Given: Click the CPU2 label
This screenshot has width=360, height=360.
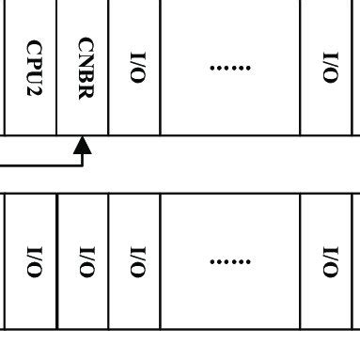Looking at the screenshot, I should coord(34,68).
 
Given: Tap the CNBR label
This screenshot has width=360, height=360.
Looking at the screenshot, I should coord(85,68).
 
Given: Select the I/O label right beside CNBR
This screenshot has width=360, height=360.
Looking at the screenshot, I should coord(136,68).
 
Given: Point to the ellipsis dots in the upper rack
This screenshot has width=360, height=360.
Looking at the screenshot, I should coord(230,68).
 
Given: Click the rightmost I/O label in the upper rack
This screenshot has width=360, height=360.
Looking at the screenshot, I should coord(330,66).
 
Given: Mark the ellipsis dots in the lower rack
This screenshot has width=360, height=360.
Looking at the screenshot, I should coord(230,260).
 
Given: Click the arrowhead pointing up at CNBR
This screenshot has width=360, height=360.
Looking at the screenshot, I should coord(83,145).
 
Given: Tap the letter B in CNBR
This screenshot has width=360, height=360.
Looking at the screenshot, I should coord(85,75).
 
